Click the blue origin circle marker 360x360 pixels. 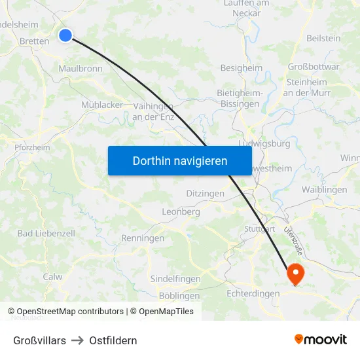pyautogui.click(x=65, y=35)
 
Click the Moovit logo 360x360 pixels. pyautogui.click(x=320, y=340)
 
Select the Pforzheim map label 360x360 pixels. pyautogui.click(x=32, y=147)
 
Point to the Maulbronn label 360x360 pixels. pyautogui.click(x=80, y=68)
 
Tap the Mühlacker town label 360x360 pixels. pyautogui.click(x=102, y=105)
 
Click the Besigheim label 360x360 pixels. pyautogui.click(x=241, y=68)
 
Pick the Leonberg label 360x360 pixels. pyautogui.click(x=181, y=212)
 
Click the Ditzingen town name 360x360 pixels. pyautogui.click(x=205, y=194)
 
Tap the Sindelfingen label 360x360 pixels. pyautogui.click(x=175, y=279)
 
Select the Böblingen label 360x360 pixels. pyautogui.click(x=179, y=296)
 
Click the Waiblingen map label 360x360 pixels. pyautogui.click(x=324, y=190)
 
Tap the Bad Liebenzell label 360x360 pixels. pyautogui.click(x=46, y=234)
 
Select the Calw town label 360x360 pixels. pyautogui.click(x=52, y=277)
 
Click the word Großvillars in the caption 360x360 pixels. pyautogui.click(x=39, y=340)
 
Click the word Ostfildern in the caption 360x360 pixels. pyautogui.click(x=113, y=340)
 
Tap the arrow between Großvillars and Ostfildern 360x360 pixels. pyautogui.click(x=77, y=340)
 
